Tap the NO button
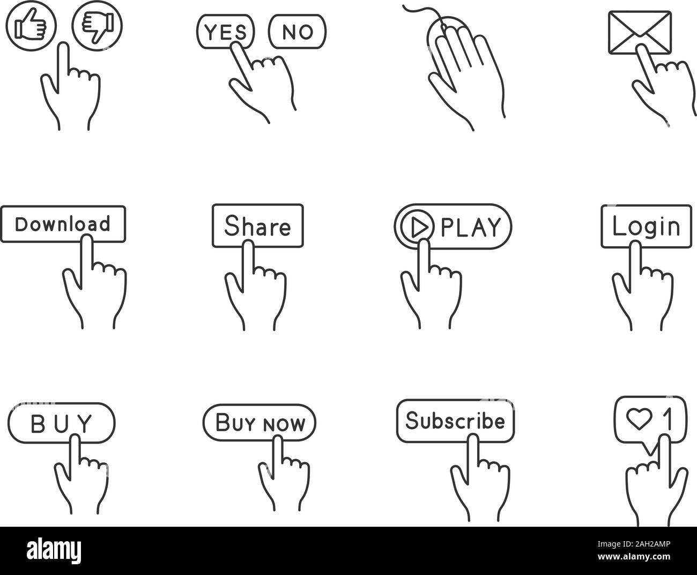(297, 32)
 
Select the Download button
(63, 223)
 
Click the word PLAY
(470, 227)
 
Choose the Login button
(646, 226)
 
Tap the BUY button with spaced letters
(62, 423)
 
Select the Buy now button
(259, 423)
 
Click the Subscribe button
(455, 421)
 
